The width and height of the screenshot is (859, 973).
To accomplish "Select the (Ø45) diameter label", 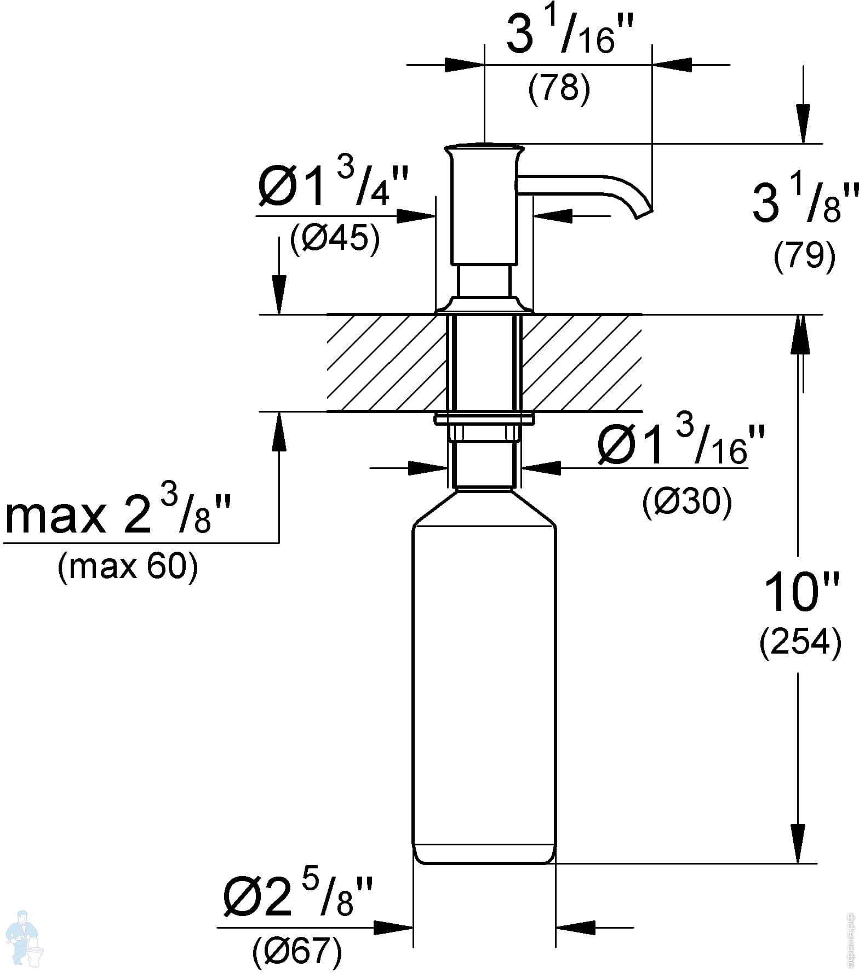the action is pyautogui.click(x=335, y=239).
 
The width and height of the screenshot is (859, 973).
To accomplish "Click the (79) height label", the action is pyautogui.click(x=805, y=255).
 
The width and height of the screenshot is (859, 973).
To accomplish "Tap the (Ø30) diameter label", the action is pyautogui.click(x=687, y=502).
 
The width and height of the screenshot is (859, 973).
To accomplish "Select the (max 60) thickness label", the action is pyautogui.click(x=128, y=567).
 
